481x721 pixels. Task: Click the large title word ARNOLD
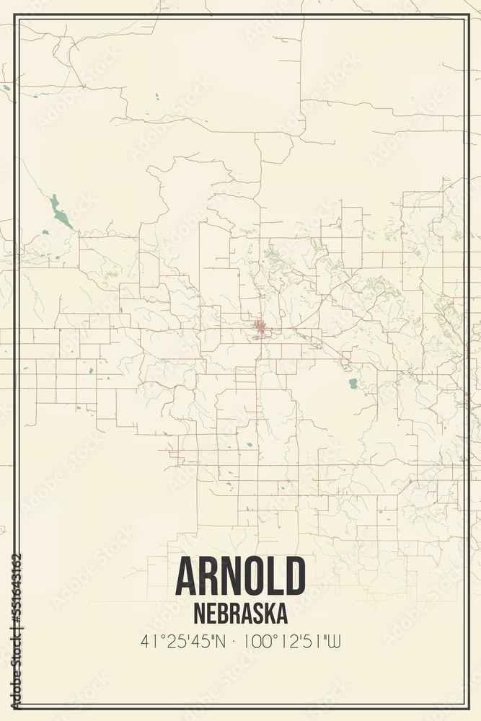point(240,576)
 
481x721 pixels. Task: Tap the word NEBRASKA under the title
point(240,613)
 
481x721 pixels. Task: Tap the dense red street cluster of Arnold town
point(260,329)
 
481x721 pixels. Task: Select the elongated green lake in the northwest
point(60,212)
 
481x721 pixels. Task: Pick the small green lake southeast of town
point(353,384)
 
